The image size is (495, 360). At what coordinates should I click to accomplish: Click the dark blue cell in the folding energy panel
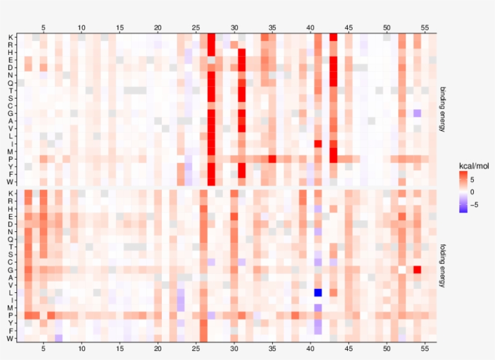coord(318,292)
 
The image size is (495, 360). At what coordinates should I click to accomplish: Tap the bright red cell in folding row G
coord(417,269)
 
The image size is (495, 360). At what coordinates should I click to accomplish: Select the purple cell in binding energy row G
coord(417,113)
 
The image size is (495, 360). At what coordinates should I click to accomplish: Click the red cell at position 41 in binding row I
coord(318,144)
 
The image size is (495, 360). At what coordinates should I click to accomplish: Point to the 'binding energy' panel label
coord(444,109)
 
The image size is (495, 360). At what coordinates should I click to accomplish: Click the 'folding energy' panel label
coord(444,265)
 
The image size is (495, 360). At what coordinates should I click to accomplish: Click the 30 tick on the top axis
coord(234,28)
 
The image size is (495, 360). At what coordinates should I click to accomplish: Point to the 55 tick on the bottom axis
coord(425,349)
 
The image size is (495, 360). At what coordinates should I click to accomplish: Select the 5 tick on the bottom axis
coord(43,349)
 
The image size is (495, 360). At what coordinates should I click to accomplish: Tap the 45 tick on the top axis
coord(348,28)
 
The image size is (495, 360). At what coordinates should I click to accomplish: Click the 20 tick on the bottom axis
coord(158,349)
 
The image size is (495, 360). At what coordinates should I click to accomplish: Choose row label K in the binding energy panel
coord(10,37)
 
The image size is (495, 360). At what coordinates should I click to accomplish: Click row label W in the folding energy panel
coord(10,338)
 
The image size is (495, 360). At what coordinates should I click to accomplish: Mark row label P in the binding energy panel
coord(10,159)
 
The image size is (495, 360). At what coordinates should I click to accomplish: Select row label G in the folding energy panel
coord(10,269)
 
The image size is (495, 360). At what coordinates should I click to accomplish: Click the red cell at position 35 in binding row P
coord(272,159)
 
